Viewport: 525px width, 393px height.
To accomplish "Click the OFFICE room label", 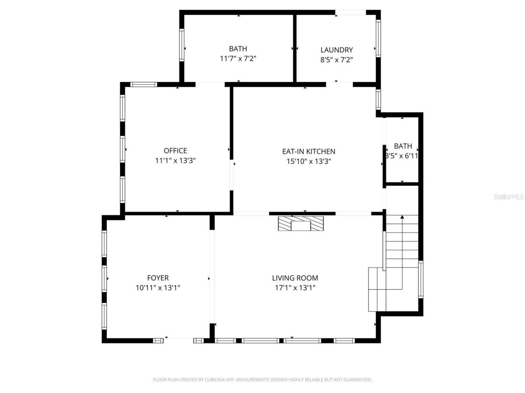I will point(175,151).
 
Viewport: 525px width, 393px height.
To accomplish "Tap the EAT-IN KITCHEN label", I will point(308,151).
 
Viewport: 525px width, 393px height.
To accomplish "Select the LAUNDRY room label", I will point(336,50).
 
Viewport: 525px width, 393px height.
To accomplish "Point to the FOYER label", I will point(158,278).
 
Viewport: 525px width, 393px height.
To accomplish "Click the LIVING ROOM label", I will point(295,278).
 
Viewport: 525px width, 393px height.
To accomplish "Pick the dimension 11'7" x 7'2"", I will point(238,59).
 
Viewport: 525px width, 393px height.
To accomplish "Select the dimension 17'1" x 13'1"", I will point(295,288).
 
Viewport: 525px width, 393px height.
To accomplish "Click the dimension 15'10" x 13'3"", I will point(308,161).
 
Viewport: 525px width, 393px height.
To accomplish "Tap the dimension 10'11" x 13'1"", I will point(158,288).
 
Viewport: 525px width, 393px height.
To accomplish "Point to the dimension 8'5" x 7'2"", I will point(336,60).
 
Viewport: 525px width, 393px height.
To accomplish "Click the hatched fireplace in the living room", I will point(301,224).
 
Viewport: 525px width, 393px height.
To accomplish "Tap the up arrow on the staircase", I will point(402,217).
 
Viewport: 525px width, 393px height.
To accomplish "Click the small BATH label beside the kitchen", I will point(403,146).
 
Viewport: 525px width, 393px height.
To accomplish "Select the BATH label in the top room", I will point(238,49).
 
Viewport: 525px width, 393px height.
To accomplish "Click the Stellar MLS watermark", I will point(509,197).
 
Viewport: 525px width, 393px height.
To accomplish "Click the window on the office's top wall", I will point(144,85).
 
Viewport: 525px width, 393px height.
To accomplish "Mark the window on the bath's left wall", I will point(181,45).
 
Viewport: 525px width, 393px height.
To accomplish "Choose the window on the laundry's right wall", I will point(378,38).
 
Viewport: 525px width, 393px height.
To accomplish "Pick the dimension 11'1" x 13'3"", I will point(175,160).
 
